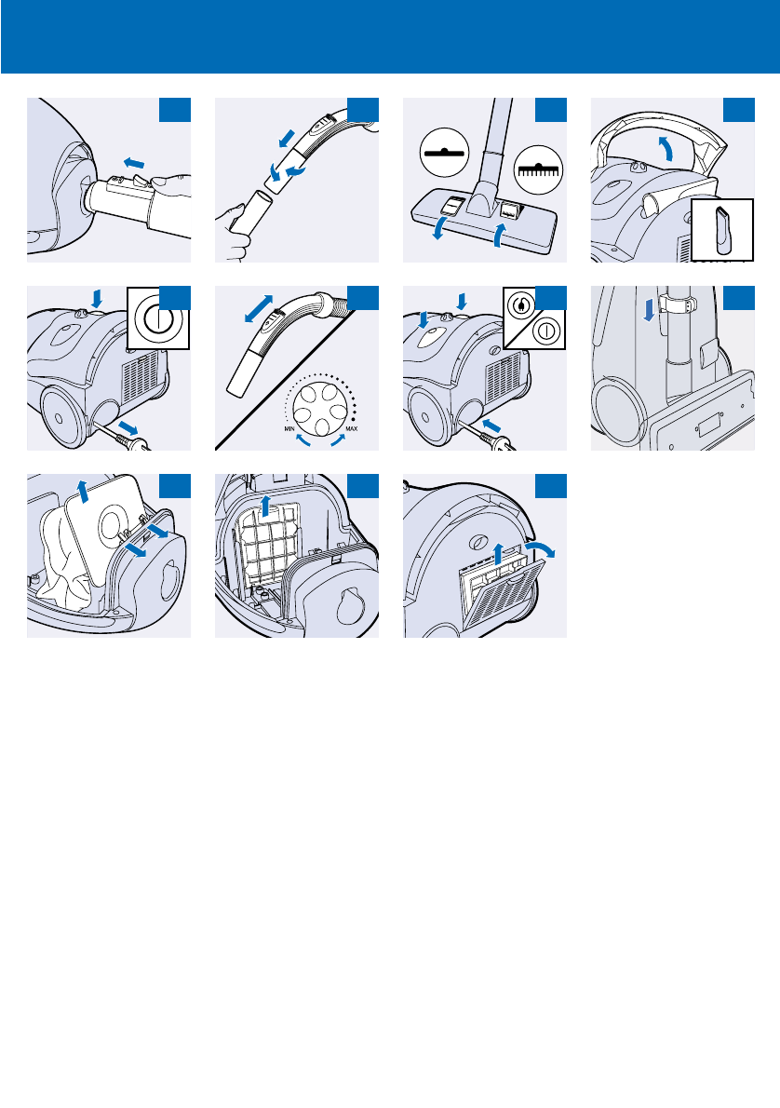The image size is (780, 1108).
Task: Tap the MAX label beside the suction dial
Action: click(x=351, y=427)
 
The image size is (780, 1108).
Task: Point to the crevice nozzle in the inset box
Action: click(x=724, y=229)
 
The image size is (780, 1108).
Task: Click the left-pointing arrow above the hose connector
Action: click(x=137, y=162)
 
